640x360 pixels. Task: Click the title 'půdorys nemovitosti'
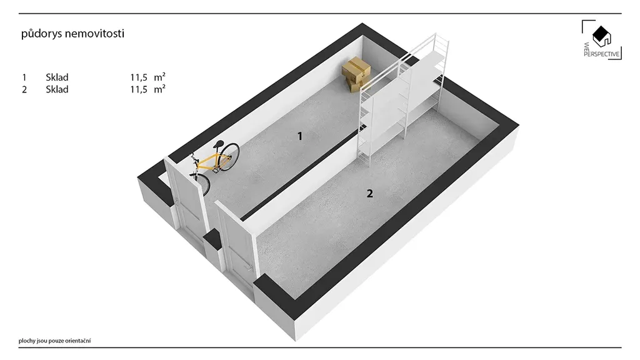click(72, 34)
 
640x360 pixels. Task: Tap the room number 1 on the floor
click(300, 136)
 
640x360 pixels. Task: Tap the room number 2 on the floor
click(370, 194)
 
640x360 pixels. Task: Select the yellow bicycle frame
click(211, 162)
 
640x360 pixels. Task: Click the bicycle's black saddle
click(219, 144)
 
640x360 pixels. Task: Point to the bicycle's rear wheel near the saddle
click(229, 156)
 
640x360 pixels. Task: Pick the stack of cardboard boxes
click(356, 74)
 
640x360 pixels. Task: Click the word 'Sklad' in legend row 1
click(57, 77)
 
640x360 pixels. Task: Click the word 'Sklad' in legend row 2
click(57, 89)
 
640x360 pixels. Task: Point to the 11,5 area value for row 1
click(139, 77)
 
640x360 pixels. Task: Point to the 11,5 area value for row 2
click(139, 89)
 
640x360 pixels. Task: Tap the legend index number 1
click(24, 77)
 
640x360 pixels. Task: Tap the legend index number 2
click(24, 89)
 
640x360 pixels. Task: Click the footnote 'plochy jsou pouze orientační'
click(55, 341)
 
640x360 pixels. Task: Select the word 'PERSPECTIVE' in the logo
click(602, 54)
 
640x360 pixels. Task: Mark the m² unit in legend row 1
click(159, 77)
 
